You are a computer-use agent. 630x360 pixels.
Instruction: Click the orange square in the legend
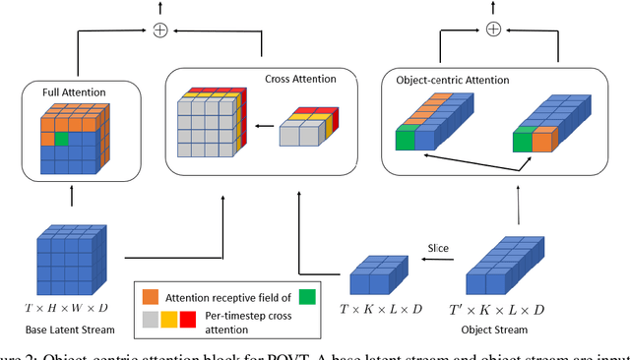[x=151, y=295]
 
